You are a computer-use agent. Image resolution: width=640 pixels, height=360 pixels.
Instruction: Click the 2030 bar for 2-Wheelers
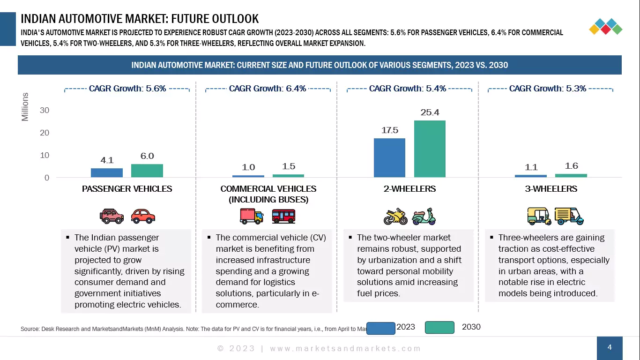(430, 149)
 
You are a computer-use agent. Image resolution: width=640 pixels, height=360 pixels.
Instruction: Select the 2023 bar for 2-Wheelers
(389, 157)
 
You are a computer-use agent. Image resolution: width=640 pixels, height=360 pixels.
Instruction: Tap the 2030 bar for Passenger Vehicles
(147, 171)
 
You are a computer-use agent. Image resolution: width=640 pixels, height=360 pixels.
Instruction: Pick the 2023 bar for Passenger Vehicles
(107, 172)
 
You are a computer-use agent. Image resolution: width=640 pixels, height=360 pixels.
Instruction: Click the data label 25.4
(430, 112)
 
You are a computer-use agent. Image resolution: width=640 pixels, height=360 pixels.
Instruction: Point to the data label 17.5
(389, 130)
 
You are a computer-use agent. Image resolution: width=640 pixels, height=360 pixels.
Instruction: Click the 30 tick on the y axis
(45, 110)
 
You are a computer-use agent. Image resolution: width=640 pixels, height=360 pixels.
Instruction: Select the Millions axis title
(25, 107)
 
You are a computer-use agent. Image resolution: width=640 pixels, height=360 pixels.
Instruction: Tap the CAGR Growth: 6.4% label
(268, 89)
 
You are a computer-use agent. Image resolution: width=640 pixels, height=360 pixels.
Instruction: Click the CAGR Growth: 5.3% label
(548, 89)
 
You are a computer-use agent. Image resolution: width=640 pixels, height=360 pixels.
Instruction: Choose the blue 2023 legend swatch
(380, 328)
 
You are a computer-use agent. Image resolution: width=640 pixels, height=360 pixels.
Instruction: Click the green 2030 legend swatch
(439, 327)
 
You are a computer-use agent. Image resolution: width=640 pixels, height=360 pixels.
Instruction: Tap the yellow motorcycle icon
(395, 217)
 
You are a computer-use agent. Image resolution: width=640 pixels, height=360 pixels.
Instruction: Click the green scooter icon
(424, 217)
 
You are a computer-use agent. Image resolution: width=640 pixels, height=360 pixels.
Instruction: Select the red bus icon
(283, 216)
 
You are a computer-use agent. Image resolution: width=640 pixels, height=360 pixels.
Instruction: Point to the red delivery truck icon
(252, 216)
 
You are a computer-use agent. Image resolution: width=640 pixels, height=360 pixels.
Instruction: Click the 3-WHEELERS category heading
(551, 189)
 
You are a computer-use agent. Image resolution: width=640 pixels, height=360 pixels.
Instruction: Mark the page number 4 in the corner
(610, 347)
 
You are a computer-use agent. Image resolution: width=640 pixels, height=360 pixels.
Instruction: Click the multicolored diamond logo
(605, 27)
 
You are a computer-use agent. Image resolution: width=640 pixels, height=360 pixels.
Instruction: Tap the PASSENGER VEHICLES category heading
(127, 189)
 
